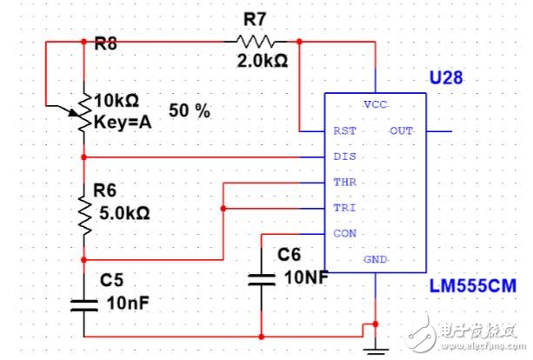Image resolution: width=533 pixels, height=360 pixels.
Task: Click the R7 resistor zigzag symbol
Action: pos(256,42)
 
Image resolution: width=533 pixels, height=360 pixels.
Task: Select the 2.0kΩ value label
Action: pos(263,61)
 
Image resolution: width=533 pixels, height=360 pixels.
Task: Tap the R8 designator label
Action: pos(105,43)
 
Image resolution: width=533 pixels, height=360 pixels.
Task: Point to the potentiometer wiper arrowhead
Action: pos(75,112)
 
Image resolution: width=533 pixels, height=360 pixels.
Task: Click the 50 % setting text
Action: pos(190,110)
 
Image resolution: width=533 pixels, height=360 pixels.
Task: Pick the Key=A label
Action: pos(123,122)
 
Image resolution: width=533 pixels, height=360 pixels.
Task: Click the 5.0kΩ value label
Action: pos(124,214)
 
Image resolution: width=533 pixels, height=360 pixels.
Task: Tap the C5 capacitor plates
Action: pos(84,305)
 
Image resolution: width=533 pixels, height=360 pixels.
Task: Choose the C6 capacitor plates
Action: pos(262,279)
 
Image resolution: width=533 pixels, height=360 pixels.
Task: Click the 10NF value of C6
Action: pos(306,277)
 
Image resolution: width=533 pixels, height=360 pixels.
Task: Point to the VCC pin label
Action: pos(376,104)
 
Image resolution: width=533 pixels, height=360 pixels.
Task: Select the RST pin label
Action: pos(344,131)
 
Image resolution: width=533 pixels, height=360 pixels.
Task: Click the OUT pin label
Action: pos(401,131)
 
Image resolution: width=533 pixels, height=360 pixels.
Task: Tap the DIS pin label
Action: pos(344,157)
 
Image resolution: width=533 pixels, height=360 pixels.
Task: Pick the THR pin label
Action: pos(344,183)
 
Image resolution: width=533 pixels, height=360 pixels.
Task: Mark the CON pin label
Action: pos(344,234)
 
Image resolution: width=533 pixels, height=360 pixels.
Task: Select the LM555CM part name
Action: pos(473,286)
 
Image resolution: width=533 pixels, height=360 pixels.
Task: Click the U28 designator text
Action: pos(446,77)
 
